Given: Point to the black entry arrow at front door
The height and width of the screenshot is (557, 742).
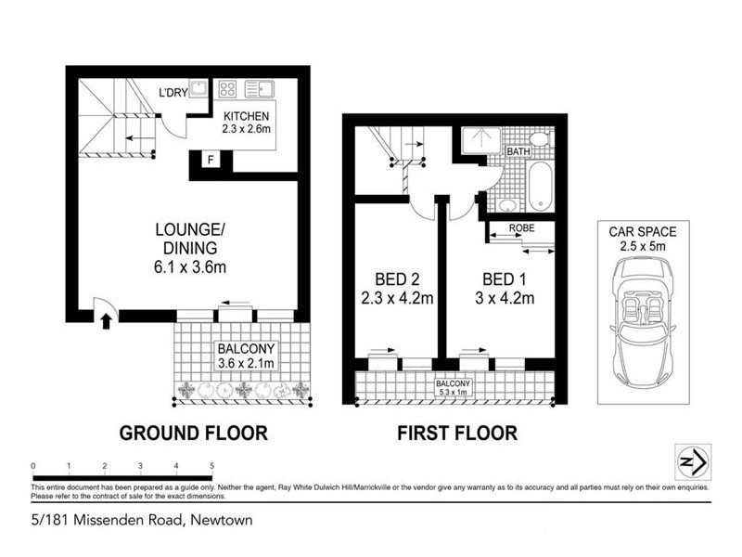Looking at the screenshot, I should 106,321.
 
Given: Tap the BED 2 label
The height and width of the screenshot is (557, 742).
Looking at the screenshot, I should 397,278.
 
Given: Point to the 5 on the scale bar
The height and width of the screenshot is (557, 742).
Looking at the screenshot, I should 212,464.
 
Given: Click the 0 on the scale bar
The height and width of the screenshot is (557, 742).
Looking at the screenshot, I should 32,464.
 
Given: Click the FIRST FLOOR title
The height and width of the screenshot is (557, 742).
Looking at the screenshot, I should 456,434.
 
